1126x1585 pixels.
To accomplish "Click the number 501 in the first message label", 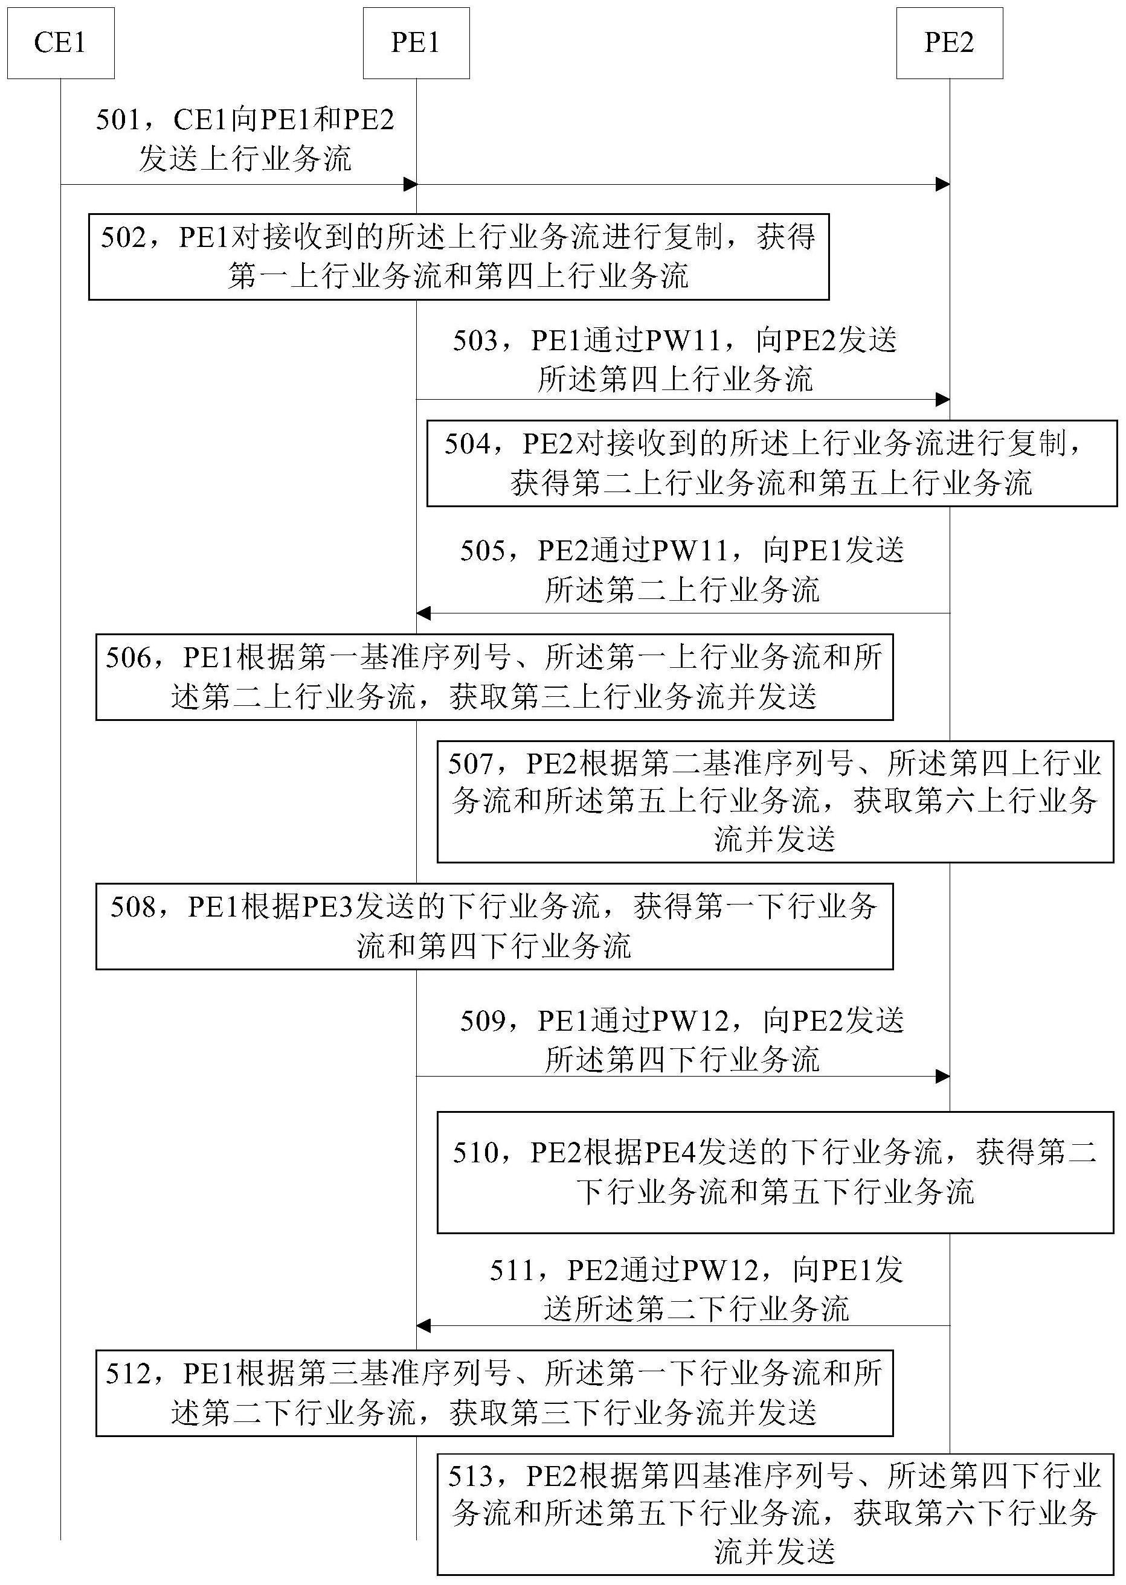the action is (118, 121).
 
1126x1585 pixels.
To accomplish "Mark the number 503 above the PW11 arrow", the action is (475, 341).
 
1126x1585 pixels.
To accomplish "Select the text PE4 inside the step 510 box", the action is (671, 1153).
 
